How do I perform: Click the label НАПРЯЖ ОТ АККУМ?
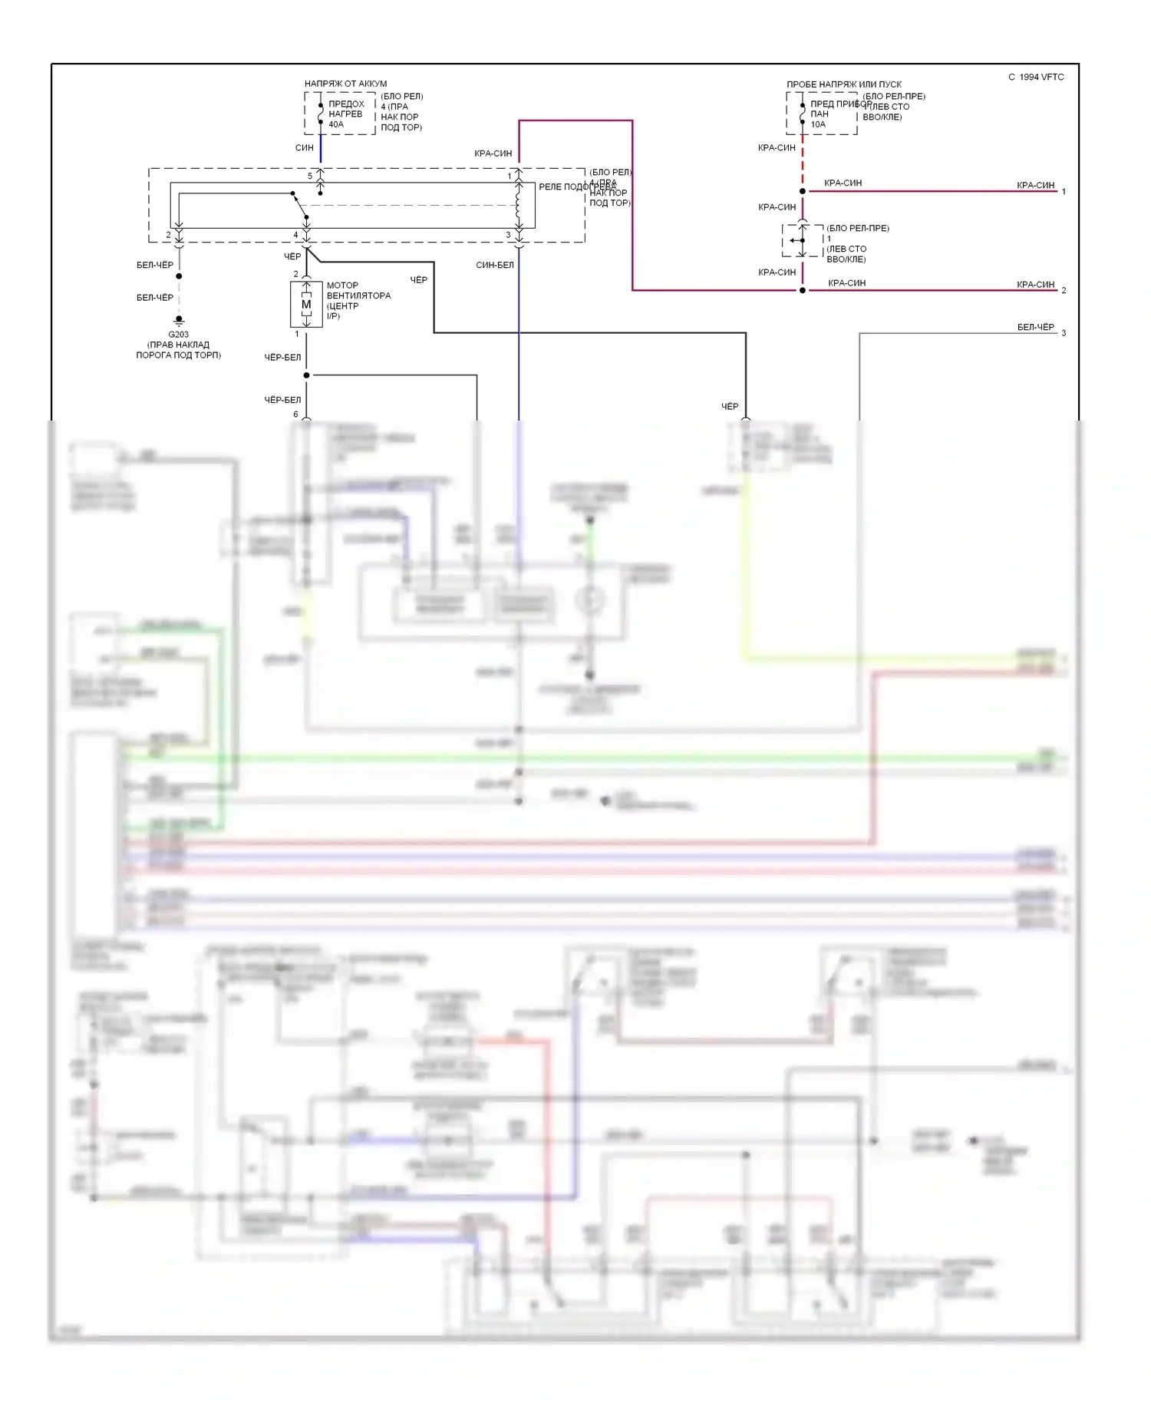[x=345, y=84]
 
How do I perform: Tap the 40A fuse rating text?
[x=336, y=124]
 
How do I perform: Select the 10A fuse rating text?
[x=818, y=124]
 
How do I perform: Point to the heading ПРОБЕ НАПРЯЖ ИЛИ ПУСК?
[x=844, y=84]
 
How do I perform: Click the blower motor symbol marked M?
[x=306, y=305]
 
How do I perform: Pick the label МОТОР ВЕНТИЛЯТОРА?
[x=358, y=290]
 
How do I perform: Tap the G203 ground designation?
[x=178, y=335]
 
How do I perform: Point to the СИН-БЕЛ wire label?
[x=495, y=265]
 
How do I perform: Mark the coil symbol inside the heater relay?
[x=519, y=205]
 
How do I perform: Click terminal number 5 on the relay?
[x=310, y=176]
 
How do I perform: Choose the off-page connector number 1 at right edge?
[x=1064, y=191]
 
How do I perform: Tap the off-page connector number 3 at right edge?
[x=1064, y=333]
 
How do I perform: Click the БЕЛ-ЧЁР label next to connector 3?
[x=1035, y=327]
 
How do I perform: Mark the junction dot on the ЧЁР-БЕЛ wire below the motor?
[x=306, y=375]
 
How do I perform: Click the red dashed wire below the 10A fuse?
[x=803, y=161]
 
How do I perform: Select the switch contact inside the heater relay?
[x=299, y=205]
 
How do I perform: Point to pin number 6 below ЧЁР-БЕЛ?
[x=295, y=414]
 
